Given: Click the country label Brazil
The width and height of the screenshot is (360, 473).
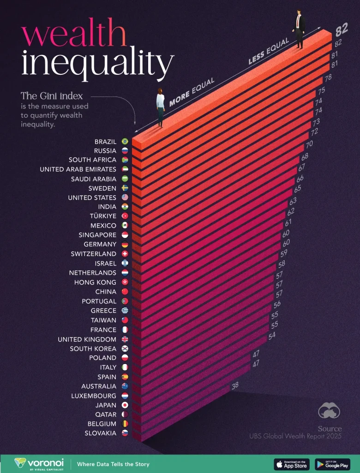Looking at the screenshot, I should point(105,141).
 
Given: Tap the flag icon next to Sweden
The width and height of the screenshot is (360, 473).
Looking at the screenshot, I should point(125,188).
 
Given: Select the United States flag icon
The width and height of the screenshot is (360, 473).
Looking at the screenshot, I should point(125,198).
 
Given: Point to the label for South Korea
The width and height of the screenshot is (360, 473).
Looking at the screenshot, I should point(93,349).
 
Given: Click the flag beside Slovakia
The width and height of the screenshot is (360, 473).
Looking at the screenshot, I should point(125,433).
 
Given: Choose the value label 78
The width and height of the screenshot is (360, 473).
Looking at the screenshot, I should point(328,77).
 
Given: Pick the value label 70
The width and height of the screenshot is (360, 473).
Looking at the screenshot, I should point(309,144).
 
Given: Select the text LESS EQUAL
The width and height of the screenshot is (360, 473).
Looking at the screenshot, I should point(269,51).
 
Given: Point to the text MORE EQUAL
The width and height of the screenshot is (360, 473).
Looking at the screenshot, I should point(192,92).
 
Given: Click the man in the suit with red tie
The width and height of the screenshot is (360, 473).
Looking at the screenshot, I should point(299,29).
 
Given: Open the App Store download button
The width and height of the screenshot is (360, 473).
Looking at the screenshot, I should point(292,464).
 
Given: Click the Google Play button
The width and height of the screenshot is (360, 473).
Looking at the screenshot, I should point(332,464).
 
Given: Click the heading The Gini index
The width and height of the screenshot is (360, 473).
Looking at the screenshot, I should point(52,96).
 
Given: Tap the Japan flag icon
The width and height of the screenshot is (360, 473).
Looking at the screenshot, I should point(125,405).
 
